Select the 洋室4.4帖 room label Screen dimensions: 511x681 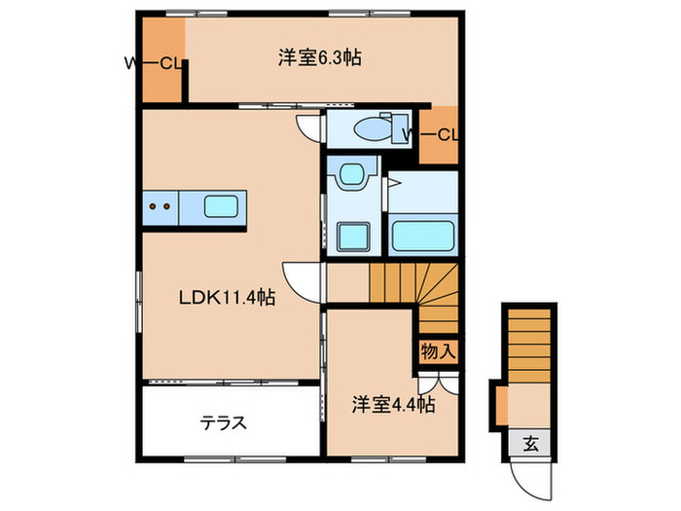point(393,405)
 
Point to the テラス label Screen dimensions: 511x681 point(223,423)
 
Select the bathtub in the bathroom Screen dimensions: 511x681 point(423,235)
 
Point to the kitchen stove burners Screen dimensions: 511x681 point(161,205)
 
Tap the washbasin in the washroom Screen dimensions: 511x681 point(349,174)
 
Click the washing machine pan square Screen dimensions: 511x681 point(349,237)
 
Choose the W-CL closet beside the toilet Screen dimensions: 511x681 point(439,133)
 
